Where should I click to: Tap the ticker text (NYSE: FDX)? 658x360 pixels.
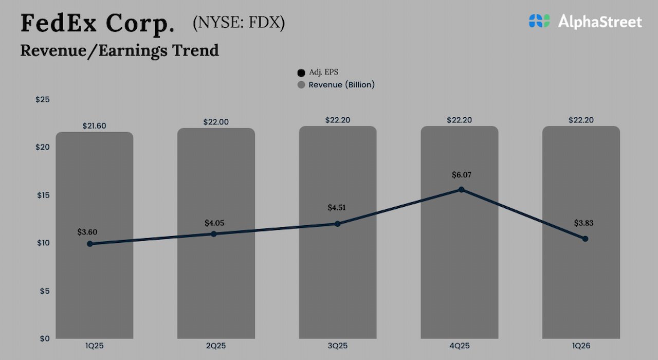(239, 23)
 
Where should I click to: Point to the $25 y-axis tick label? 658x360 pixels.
(42, 99)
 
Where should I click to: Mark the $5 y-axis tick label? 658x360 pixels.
(44, 291)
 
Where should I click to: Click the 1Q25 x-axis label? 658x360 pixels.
(94, 346)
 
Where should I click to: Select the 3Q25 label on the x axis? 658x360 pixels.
(338, 346)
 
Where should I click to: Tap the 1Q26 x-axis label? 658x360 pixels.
(581, 346)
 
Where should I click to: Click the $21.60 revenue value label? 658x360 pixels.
(94, 125)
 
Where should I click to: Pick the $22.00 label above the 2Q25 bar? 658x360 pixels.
(216, 122)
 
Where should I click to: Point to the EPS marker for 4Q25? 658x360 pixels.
(461, 190)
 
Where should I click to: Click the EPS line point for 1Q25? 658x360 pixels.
(90, 244)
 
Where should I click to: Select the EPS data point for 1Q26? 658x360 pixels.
(585, 239)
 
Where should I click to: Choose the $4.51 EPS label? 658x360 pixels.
(337, 208)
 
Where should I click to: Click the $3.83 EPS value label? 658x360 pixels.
(584, 223)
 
